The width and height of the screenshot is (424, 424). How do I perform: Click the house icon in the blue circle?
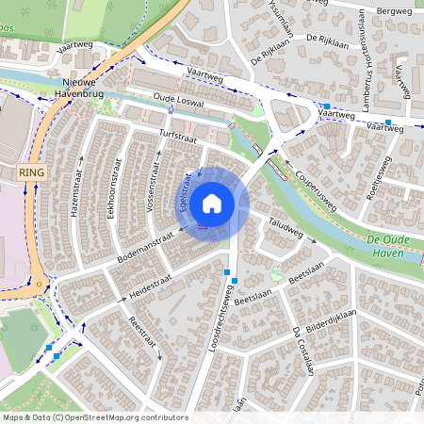[212, 203]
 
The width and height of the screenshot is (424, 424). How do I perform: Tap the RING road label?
[31, 173]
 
